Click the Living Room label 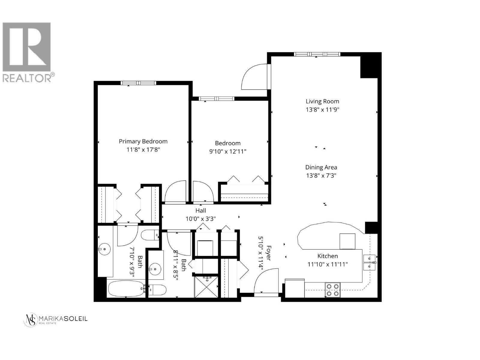(322, 101)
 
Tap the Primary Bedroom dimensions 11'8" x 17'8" (143, 150)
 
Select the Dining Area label (321, 167)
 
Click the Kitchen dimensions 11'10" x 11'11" (328, 264)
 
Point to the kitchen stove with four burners (332, 290)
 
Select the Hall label (201, 211)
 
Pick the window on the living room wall (317, 54)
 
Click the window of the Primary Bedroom (139, 83)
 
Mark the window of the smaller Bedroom (217, 99)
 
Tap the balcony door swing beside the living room (254, 77)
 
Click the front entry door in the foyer (266, 281)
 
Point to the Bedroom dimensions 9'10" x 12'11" (228, 151)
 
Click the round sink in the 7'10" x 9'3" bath (104, 249)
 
